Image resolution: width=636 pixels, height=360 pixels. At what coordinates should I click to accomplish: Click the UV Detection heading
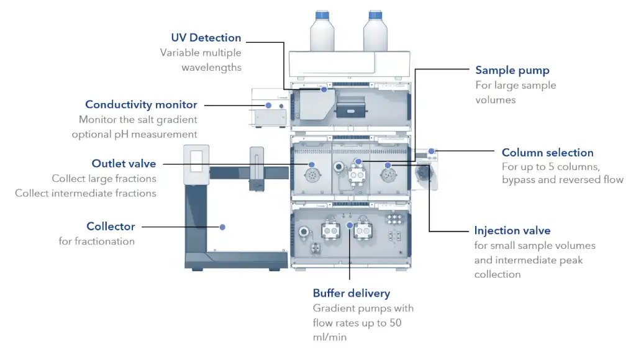pyautogui.click(x=206, y=38)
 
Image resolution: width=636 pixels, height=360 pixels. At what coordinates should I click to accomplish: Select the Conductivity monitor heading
pyautogui.click(x=141, y=104)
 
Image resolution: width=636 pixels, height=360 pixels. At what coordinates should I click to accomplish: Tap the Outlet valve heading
pyautogui.click(x=124, y=163)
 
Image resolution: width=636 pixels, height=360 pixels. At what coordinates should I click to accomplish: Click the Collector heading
pyautogui.click(x=111, y=227)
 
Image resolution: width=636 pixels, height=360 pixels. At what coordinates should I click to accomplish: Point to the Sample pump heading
pyautogui.click(x=512, y=70)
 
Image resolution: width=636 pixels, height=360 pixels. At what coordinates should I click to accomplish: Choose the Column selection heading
pyautogui.click(x=547, y=153)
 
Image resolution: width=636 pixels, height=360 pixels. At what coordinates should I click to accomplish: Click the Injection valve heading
pyautogui.click(x=512, y=231)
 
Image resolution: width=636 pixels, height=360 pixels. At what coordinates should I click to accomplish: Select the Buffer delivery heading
pyautogui.click(x=352, y=293)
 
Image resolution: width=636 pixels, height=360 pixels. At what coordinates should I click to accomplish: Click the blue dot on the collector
pyautogui.click(x=222, y=227)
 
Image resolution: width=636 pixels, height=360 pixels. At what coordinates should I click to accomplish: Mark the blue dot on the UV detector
pyautogui.click(x=324, y=89)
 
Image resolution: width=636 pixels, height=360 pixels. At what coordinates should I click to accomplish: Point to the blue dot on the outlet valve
pyautogui.click(x=311, y=165)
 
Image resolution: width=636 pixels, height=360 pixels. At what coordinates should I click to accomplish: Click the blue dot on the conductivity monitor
pyautogui.click(x=269, y=104)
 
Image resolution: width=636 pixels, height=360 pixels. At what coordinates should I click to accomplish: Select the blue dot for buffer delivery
pyautogui.click(x=350, y=225)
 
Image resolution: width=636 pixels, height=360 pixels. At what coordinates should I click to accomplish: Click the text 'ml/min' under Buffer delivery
pyautogui.click(x=329, y=338)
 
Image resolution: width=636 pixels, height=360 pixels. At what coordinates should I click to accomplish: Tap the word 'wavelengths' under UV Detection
pyautogui.click(x=211, y=67)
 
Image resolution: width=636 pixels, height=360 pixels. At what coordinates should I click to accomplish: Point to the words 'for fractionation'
pyautogui.click(x=96, y=241)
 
